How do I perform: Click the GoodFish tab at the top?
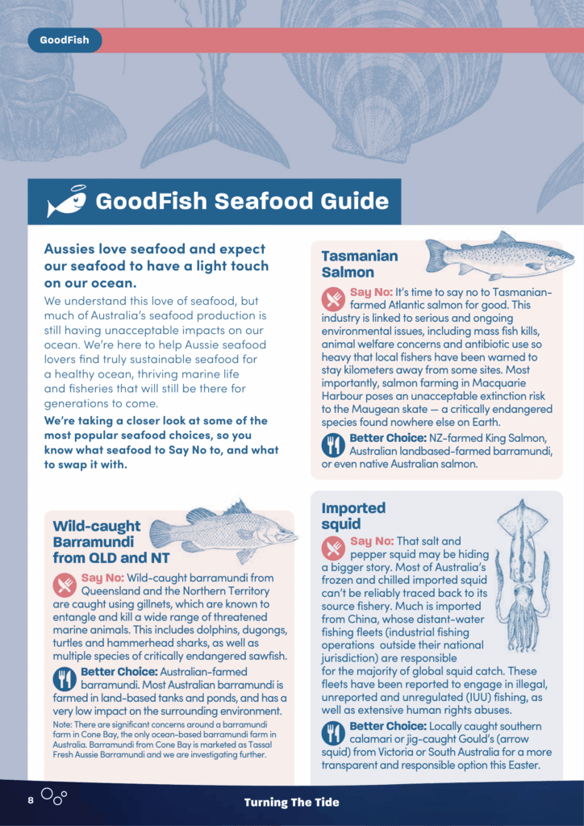tap(65, 40)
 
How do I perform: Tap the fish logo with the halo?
tap(66, 202)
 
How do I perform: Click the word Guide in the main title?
tap(348, 201)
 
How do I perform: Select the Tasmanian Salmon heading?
tap(360, 264)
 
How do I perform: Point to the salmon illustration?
tap(498, 257)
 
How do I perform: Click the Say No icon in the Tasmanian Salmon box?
tap(333, 299)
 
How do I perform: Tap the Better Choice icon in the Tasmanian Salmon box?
tap(333, 444)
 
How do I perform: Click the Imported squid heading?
tap(353, 515)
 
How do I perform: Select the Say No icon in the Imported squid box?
tap(333, 549)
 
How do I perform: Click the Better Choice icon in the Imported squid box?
tap(333, 733)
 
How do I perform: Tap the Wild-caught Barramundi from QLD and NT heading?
tap(96, 541)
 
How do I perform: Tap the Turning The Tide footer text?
tap(292, 802)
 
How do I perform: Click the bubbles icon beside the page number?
tap(54, 798)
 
